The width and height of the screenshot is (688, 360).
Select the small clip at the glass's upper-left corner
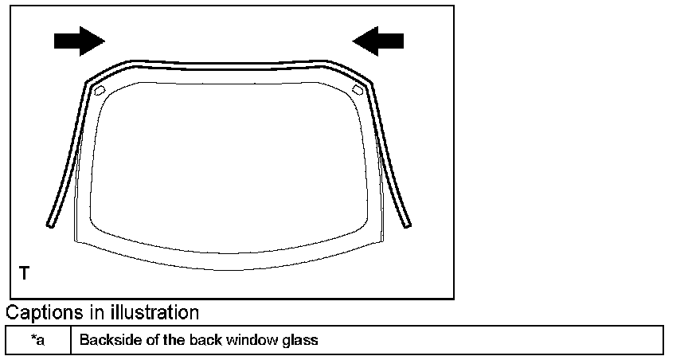point(100,90)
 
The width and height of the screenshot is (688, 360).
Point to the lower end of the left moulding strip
point(50,224)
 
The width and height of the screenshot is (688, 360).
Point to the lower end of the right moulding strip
point(408,224)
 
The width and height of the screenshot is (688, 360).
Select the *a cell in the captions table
point(38,340)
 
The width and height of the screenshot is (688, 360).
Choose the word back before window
point(201,340)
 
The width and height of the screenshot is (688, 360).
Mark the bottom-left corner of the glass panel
point(73,241)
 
